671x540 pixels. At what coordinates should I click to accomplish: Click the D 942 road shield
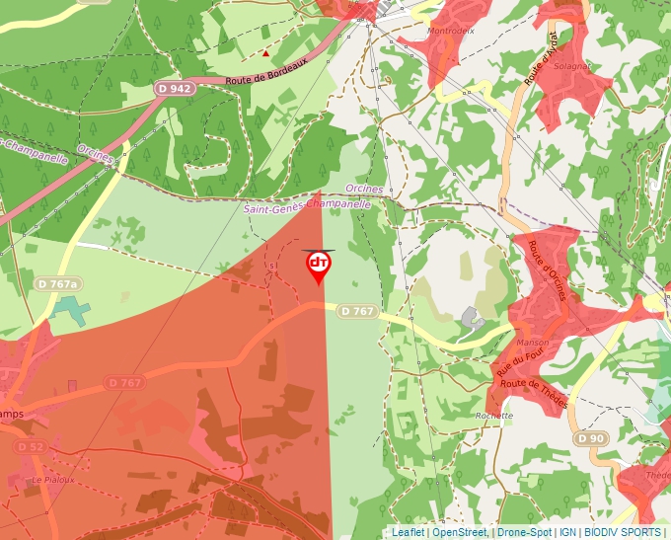[x=174, y=89]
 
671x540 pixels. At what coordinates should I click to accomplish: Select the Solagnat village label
[x=571, y=65]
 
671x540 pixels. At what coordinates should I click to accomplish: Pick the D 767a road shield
[x=56, y=284]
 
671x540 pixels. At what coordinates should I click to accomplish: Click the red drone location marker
[x=319, y=266]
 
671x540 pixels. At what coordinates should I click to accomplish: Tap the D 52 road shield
[x=31, y=447]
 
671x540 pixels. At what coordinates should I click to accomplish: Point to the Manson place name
[x=532, y=343]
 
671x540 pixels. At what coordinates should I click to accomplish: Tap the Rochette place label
[x=493, y=416]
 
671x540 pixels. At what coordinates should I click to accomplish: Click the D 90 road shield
[x=590, y=437]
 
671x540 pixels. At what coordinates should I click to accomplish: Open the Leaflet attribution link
[x=408, y=532]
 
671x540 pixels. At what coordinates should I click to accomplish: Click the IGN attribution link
[x=567, y=532]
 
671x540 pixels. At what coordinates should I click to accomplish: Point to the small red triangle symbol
[x=266, y=52]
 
